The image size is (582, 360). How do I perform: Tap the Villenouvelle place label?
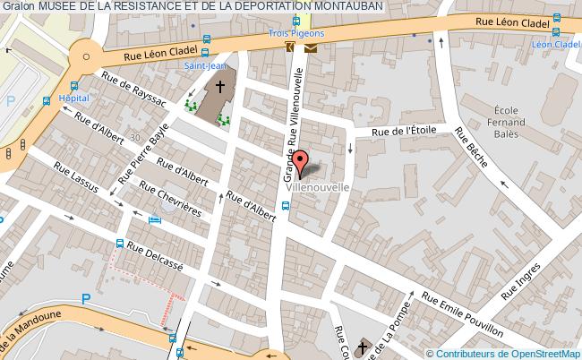(x=312, y=188)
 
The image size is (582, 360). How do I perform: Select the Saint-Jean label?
(x=205, y=65)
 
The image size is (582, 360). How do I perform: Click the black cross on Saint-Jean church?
(x=220, y=88)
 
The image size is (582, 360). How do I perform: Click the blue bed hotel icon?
(x=156, y=219)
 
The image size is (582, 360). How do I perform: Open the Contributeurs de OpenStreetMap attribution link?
(x=509, y=353)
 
